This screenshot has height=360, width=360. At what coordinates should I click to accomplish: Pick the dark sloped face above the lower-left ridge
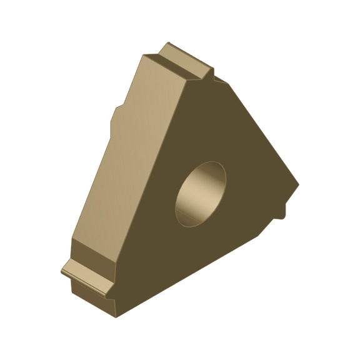pos(94,253)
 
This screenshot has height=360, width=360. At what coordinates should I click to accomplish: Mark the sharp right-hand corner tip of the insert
pos(298,186)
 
